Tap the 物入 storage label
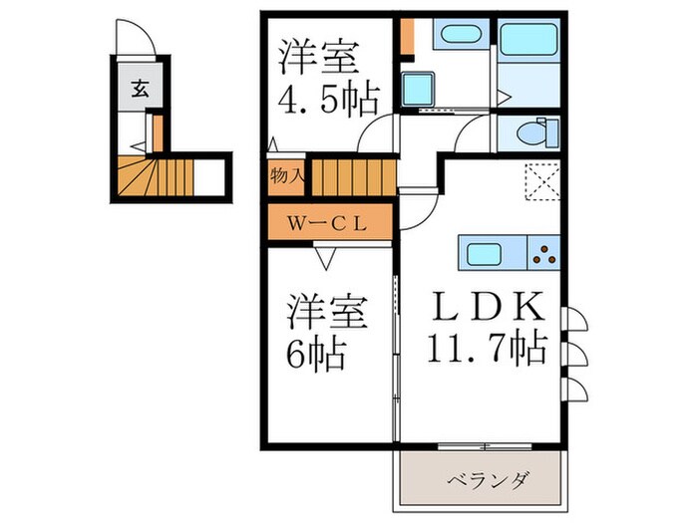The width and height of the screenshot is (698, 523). click(286, 175)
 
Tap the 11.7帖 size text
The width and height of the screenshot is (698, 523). click(486, 349)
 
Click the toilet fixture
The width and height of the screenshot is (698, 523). click(534, 131)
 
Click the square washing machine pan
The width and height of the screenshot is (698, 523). click(416, 89)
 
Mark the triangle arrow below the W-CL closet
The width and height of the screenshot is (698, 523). click(326, 256)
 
